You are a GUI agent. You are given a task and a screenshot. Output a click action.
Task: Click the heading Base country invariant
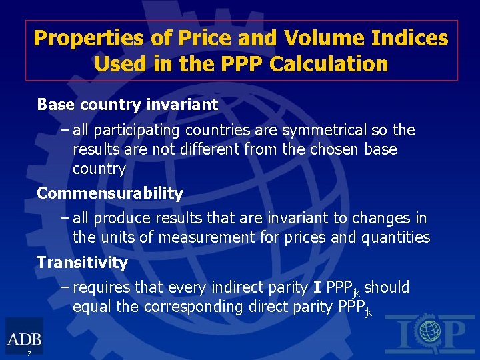point(127,105)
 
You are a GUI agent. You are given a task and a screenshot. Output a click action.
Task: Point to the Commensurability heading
point(110,193)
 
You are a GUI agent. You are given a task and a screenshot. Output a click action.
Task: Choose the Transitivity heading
point(82,263)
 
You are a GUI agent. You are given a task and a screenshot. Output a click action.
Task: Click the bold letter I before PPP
point(317,288)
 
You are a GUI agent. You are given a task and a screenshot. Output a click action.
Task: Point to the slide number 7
point(29,353)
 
